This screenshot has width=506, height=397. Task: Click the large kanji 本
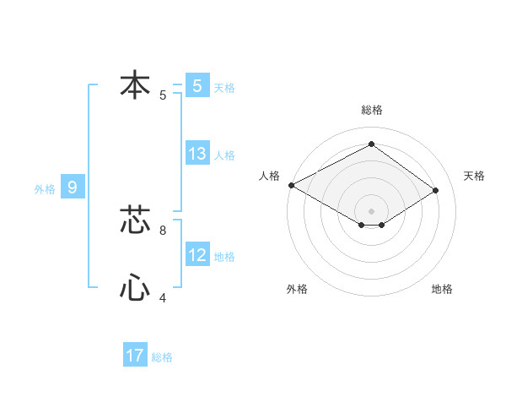(x=135, y=85)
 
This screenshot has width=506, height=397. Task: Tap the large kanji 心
(x=135, y=288)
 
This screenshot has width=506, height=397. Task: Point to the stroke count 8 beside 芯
(x=163, y=229)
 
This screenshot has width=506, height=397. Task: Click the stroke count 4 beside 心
(x=163, y=298)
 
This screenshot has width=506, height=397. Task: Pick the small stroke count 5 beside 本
(x=163, y=95)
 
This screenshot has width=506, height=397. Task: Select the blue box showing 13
(x=197, y=154)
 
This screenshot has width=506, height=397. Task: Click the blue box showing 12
(x=197, y=255)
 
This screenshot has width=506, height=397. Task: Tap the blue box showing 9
(x=73, y=188)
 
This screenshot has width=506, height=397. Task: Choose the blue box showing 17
(x=135, y=356)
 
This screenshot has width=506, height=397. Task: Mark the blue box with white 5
(x=197, y=85)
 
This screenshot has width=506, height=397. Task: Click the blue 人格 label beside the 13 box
(x=224, y=155)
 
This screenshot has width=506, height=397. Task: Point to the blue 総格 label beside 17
(x=162, y=357)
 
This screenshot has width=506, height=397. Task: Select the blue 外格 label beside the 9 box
(x=45, y=189)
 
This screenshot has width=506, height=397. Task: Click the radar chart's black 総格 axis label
(x=371, y=110)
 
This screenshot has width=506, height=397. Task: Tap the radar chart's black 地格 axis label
(x=442, y=289)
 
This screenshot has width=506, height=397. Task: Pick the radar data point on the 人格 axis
(x=291, y=184)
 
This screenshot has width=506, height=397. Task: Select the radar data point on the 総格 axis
(x=371, y=144)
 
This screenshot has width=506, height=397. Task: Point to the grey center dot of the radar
(x=371, y=209)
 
